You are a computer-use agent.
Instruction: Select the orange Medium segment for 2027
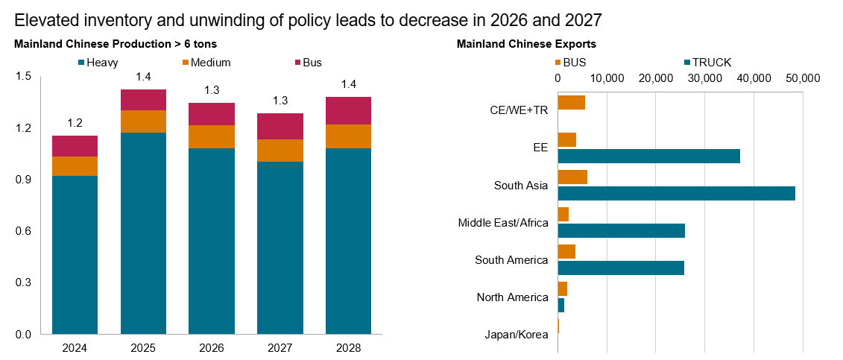(280, 151)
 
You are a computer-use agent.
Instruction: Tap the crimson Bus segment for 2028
(348, 110)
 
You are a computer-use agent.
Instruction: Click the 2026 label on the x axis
(211, 348)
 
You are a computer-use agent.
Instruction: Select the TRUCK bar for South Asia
(676, 193)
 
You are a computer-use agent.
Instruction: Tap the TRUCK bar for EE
(648, 156)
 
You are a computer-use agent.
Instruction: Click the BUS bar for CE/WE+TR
(571, 102)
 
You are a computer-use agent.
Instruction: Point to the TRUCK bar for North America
(561, 305)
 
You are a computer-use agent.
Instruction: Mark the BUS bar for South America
(566, 251)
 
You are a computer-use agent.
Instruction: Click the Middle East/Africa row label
(503, 223)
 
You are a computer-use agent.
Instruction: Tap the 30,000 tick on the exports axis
(704, 78)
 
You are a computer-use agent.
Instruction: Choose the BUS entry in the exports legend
(570, 63)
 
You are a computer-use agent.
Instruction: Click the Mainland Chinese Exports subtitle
(526, 44)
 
